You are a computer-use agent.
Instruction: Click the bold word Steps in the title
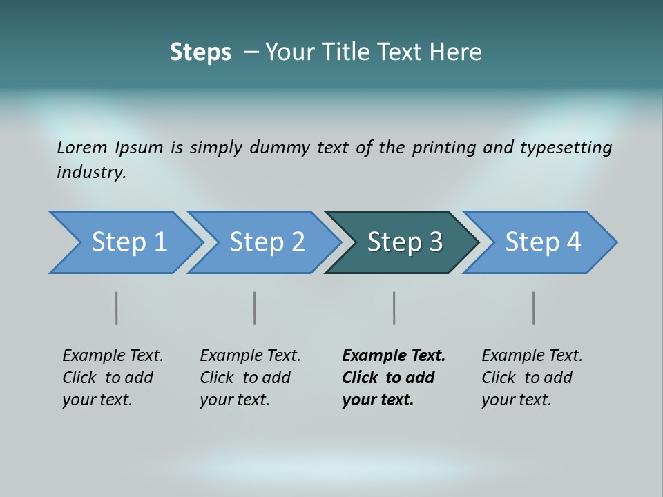click(x=200, y=52)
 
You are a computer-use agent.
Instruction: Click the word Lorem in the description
click(x=82, y=147)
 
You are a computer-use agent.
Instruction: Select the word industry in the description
click(x=90, y=173)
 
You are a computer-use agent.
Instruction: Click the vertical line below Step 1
click(x=117, y=308)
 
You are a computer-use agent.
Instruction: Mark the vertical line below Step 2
click(x=255, y=308)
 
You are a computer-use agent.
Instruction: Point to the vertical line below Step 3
click(x=394, y=308)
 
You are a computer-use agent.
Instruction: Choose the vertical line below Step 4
click(x=533, y=308)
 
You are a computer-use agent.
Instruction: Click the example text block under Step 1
click(x=113, y=378)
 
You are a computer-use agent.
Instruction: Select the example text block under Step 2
click(x=250, y=378)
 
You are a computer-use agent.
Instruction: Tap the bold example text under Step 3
click(x=393, y=378)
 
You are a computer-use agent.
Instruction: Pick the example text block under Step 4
click(x=532, y=378)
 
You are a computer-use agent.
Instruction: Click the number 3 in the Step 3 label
click(x=435, y=242)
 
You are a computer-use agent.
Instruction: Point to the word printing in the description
click(x=443, y=148)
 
